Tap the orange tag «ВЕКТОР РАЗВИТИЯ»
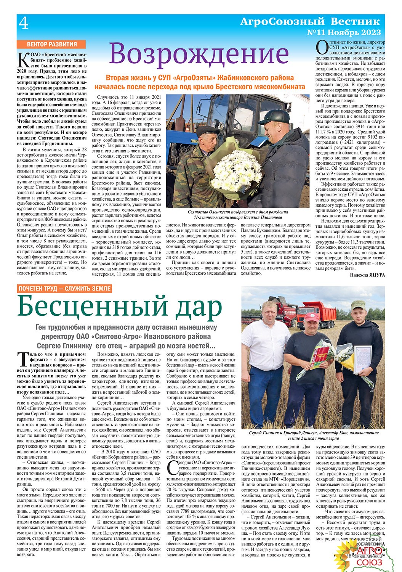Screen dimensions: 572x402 [x=52, y=44]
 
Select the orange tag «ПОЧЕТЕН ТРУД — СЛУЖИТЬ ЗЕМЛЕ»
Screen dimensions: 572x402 [x=65, y=289]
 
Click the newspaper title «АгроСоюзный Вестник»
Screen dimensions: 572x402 [x=310, y=21]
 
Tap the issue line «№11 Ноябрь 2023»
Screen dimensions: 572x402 [x=343, y=33]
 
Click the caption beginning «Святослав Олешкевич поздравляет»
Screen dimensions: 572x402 [x=238, y=214]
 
